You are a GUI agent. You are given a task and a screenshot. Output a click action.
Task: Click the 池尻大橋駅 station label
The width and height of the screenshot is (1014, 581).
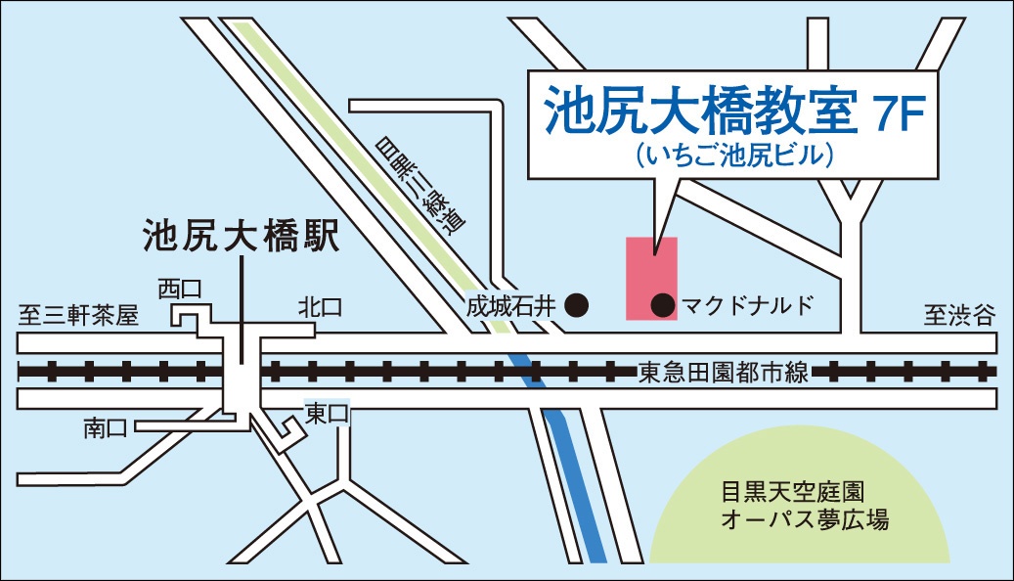[241, 238]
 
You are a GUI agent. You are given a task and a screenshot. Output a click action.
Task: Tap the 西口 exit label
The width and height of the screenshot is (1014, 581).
[180, 288]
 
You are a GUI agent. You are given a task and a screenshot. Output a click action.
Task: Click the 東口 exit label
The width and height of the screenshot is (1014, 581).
[326, 413]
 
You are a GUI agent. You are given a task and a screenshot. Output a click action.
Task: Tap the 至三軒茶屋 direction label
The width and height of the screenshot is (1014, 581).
[79, 315]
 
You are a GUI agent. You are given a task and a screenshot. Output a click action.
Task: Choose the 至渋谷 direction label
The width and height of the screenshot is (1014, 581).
[959, 315]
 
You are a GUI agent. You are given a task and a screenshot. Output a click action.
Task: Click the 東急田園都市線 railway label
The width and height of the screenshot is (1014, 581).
[723, 372]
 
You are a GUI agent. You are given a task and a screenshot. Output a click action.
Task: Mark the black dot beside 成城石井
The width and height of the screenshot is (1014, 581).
[578, 306]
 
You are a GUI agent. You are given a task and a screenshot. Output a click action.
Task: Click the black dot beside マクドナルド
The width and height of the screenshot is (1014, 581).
[663, 306]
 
